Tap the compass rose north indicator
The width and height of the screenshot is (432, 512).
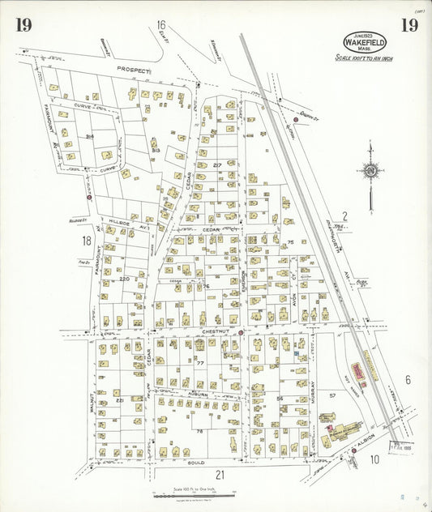[x=370, y=171]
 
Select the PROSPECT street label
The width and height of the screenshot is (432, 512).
[x=134, y=71]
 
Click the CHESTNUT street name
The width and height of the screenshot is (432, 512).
[x=191, y=331]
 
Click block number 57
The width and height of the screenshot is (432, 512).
[x=331, y=395]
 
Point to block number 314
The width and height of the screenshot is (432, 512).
[x=90, y=136]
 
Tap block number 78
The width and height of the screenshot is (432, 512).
[x=199, y=432]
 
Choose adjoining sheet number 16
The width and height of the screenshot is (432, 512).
[x=161, y=24]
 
